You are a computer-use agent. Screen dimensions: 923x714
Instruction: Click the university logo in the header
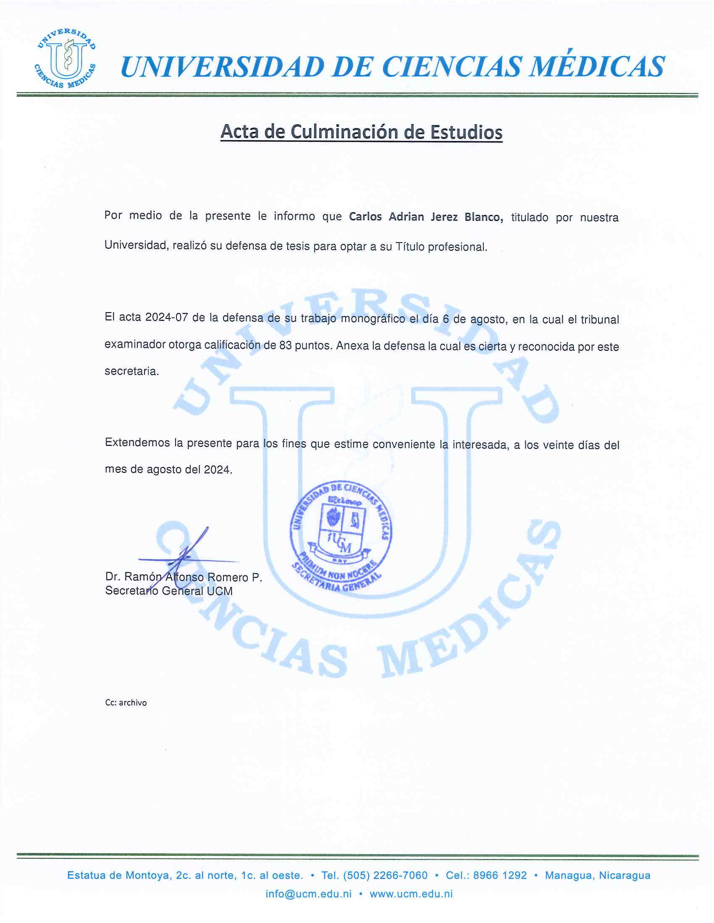tap(64, 59)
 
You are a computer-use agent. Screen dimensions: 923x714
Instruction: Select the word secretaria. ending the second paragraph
tap(131, 371)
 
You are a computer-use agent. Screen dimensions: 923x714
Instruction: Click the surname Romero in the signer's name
tap(227, 577)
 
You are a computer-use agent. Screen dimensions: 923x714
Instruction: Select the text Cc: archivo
tap(126, 703)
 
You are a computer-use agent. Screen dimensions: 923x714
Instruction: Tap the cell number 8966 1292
tap(500, 875)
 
